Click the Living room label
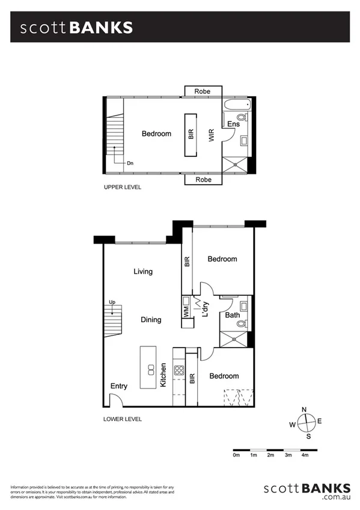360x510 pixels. pos(142,271)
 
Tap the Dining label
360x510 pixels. pos(151,320)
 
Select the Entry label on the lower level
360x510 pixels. pos(118,386)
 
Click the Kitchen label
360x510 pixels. pos(163,375)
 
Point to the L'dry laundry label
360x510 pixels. pos(205,309)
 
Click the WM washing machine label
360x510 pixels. pos(186,312)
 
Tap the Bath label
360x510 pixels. pos(233,315)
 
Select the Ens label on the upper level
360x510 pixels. pos(233,124)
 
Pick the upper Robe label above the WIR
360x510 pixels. pos(202,91)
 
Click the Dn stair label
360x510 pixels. pos(130,163)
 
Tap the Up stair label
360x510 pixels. pos(112,303)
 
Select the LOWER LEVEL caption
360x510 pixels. pos(122,419)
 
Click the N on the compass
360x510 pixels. pos(304,410)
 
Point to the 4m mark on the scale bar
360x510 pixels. pos(305,455)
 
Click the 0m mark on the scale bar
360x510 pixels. pos(236,455)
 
